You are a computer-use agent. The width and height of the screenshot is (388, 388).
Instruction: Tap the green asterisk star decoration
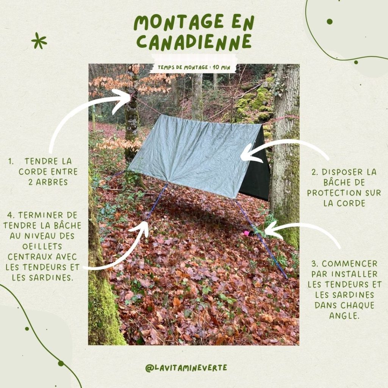pos(39,40)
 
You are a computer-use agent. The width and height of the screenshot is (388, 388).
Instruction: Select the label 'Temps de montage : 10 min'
pos(194,67)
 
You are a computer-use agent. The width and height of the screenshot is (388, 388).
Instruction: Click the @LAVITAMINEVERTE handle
pos(186,368)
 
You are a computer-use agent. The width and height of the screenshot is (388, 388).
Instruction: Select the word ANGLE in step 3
pos(344,316)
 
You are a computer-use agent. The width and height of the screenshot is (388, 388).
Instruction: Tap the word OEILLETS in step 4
pos(42,246)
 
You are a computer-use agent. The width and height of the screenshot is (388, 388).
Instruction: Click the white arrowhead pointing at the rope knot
pos(122,100)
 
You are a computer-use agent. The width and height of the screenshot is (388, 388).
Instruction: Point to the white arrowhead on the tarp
pos(249,153)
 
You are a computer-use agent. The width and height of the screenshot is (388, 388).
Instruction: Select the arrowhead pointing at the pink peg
pos(272,230)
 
